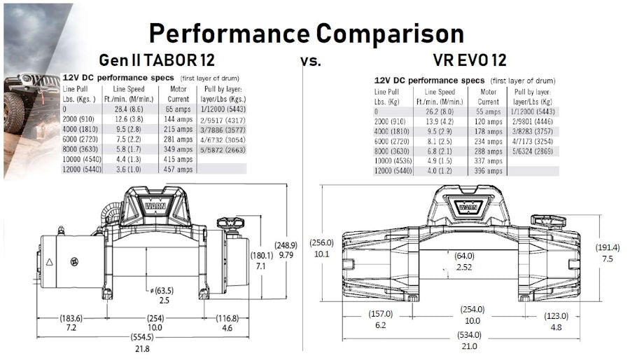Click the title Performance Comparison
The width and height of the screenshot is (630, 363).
pos(306,33)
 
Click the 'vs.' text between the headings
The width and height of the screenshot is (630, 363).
pos(311,61)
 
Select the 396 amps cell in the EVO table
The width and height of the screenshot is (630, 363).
pos(489,170)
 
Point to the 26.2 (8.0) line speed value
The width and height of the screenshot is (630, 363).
pos(440,111)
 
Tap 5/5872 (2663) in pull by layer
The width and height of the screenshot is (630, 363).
pos(223,149)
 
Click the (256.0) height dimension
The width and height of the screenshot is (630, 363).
pos(322,243)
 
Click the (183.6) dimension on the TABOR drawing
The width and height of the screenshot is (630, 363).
pos(71,318)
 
